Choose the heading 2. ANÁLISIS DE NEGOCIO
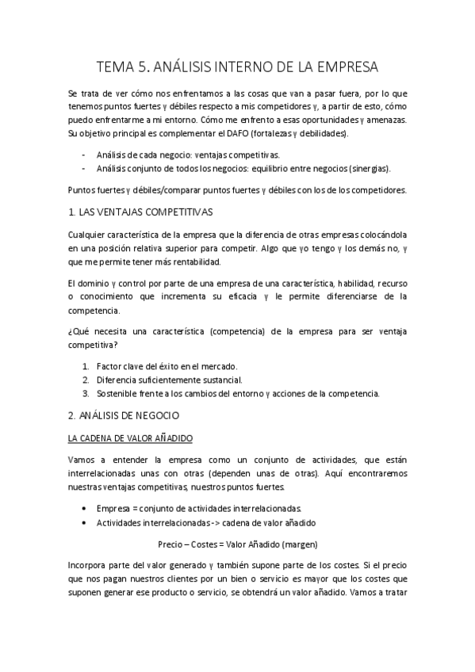click(x=124, y=414)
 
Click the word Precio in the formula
click(x=170, y=545)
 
